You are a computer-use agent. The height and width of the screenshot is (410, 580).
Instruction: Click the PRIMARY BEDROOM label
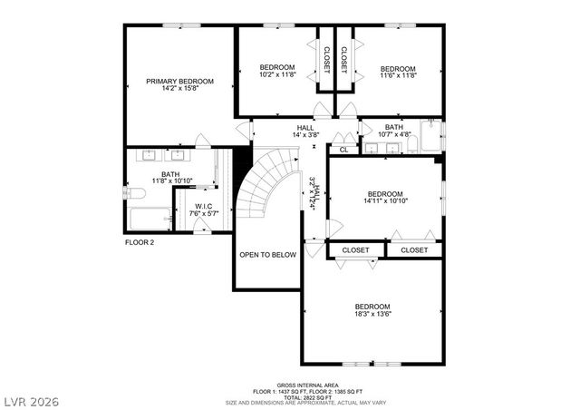pyautogui.click(x=179, y=82)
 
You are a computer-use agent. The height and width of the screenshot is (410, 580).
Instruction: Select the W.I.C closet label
pyautogui.click(x=204, y=206)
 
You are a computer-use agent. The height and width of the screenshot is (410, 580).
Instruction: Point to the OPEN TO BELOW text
pyautogui.click(x=267, y=255)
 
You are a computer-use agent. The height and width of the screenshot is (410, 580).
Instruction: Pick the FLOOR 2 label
pyautogui.click(x=140, y=242)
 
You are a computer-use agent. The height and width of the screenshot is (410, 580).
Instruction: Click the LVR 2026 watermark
pyautogui.click(x=31, y=400)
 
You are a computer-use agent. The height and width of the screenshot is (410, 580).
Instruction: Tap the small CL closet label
pyautogui.click(x=343, y=149)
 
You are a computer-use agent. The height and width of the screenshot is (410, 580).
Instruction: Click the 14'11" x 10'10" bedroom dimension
pyautogui.click(x=385, y=200)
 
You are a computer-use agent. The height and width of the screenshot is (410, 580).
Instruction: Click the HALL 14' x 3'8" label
pyautogui.click(x=305, y=132)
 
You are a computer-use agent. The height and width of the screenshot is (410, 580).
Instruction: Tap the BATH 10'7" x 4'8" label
pyautogui.click(x=393, y=132)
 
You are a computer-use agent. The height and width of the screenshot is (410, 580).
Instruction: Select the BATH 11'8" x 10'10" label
pyautogui.click(x=170, y=178)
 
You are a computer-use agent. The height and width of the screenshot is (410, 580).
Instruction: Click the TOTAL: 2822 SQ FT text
pyautogui.click(x=307, y=396)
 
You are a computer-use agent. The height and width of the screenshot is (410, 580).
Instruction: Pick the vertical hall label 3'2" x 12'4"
pyautogui.click(x=313, y=193)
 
